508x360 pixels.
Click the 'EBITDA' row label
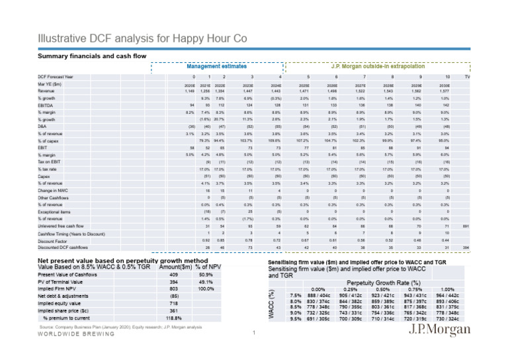tap(47, 105)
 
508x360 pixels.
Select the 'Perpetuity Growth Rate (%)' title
tap(387, 282)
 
